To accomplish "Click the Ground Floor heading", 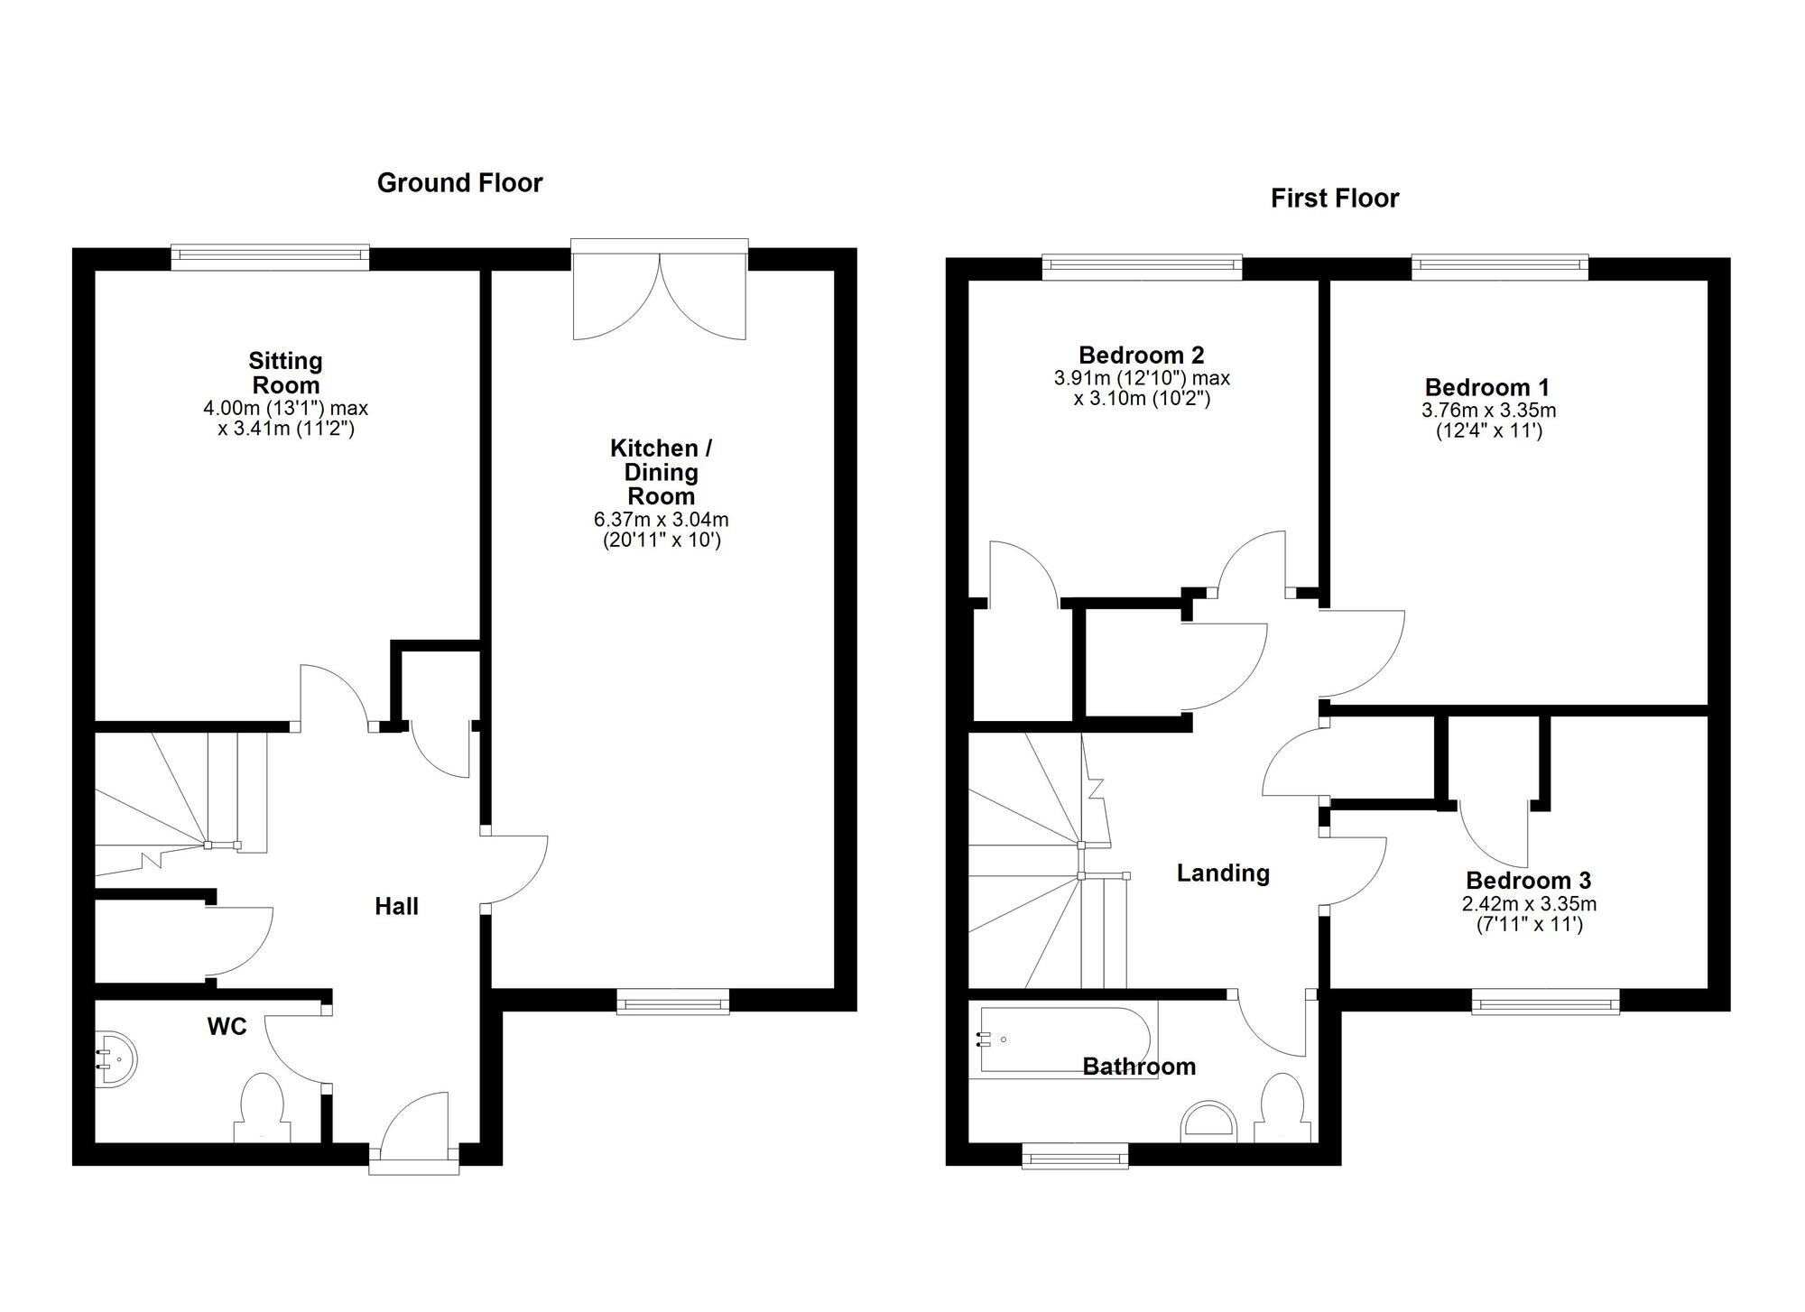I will coord(459,183).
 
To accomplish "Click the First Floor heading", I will coord(1334,199).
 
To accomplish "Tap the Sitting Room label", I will coord(285,373).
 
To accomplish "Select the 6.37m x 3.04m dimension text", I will coord(661,520).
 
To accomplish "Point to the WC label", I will coord(227,1027).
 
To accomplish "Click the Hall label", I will coord(396,907).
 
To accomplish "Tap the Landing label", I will coord(1223,873).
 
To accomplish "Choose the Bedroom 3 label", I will coord(1528,881).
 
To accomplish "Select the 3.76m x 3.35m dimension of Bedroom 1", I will coord(1488,411).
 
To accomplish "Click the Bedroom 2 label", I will coord(1141,356).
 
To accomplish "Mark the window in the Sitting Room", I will coord(270,257).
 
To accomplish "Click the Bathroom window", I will coord(1074,1156).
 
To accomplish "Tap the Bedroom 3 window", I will coord(1545,1002).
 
